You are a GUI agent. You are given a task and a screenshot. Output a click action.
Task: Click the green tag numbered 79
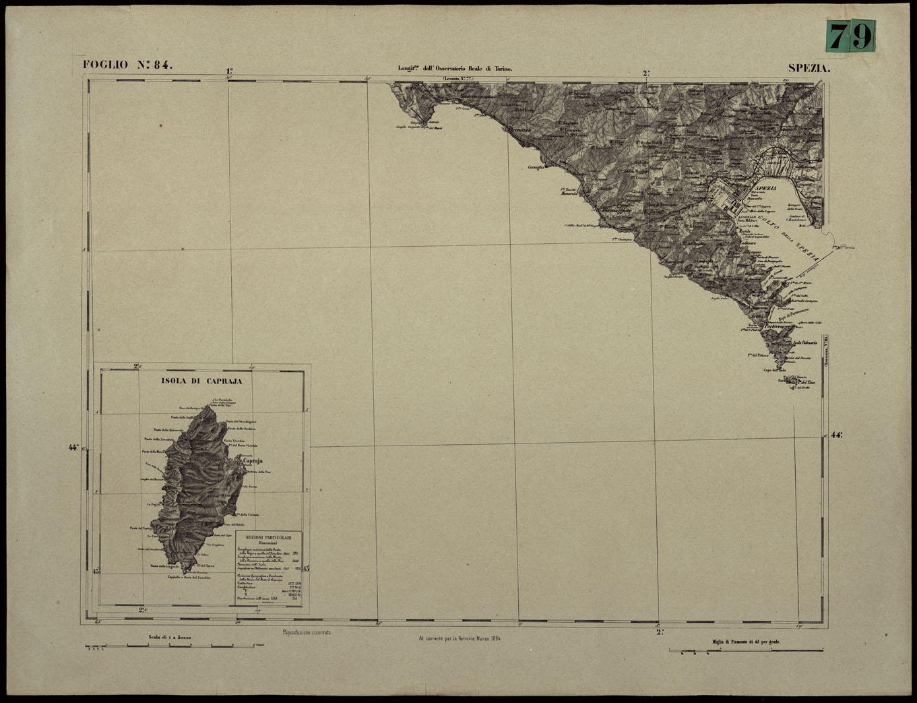851,36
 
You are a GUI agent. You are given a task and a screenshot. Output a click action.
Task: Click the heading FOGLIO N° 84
128,65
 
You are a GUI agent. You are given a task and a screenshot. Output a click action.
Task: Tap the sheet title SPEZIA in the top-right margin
809,68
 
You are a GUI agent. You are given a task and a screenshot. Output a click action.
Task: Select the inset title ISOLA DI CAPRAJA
201,381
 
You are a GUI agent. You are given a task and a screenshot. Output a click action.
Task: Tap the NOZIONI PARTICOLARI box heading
269,537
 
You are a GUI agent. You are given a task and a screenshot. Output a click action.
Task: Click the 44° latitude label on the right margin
836,435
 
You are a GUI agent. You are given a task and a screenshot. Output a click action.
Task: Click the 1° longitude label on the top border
229,71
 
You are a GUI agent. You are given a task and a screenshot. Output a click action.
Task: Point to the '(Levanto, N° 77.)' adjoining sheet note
458,79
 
